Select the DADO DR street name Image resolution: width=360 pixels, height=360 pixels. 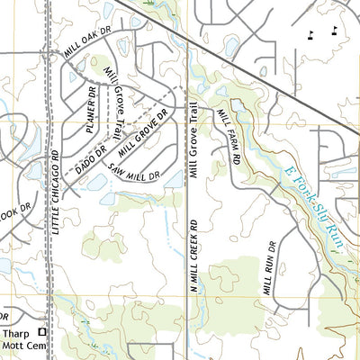(x=90, y=159)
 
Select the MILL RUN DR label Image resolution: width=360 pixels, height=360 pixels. (x=268, y=268)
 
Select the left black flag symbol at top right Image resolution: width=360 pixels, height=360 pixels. (x=310, y=35)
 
